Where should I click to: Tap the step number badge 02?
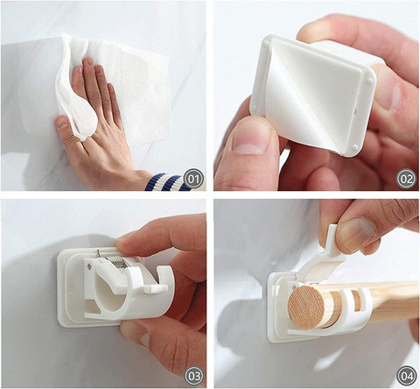[x=406, y=179]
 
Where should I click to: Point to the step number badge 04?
[x=406, y=376]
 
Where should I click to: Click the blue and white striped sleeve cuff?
[x=167, y=182]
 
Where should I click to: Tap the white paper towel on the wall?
[x=116, y=88]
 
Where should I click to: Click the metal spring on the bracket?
[x=116, y=259]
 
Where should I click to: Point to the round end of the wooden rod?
[x=306, y=308]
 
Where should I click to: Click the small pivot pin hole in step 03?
[x=90, y=266]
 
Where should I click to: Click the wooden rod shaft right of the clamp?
[x=394, y=301]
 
